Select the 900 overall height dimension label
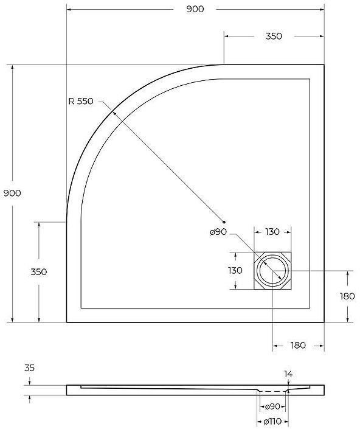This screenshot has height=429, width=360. tap(12, 193)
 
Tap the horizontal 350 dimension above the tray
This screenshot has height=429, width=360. tap(274, 36)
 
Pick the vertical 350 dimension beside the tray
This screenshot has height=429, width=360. tap(38, 271)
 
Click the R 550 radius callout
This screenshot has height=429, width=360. tap(81, 102)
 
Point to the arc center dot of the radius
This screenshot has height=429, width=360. tap(224, 221)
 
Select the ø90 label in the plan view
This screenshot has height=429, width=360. tap(217, 232)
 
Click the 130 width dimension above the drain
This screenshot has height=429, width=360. tap(272, 232)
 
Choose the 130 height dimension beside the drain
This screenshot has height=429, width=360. tap(235, 271)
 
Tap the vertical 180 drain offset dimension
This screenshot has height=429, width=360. tap(347, 296)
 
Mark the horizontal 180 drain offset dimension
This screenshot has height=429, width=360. tap(298, 345)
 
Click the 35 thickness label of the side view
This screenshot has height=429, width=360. tap(29, 368)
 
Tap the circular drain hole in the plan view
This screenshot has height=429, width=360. tap(272, 271)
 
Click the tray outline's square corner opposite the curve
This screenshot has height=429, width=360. tap(324, 322)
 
